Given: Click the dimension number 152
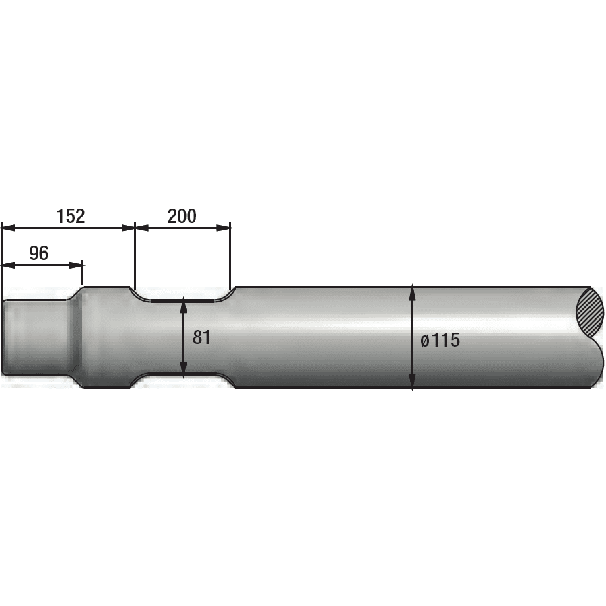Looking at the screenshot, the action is pos(71,216).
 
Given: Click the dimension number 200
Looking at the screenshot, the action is pos(182,216).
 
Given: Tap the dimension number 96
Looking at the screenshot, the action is pos(39,254).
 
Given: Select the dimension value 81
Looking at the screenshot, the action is pos(201,337).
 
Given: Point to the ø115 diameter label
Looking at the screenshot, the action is pos(440,341).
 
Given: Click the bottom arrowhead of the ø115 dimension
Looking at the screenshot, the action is pos(412,382).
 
